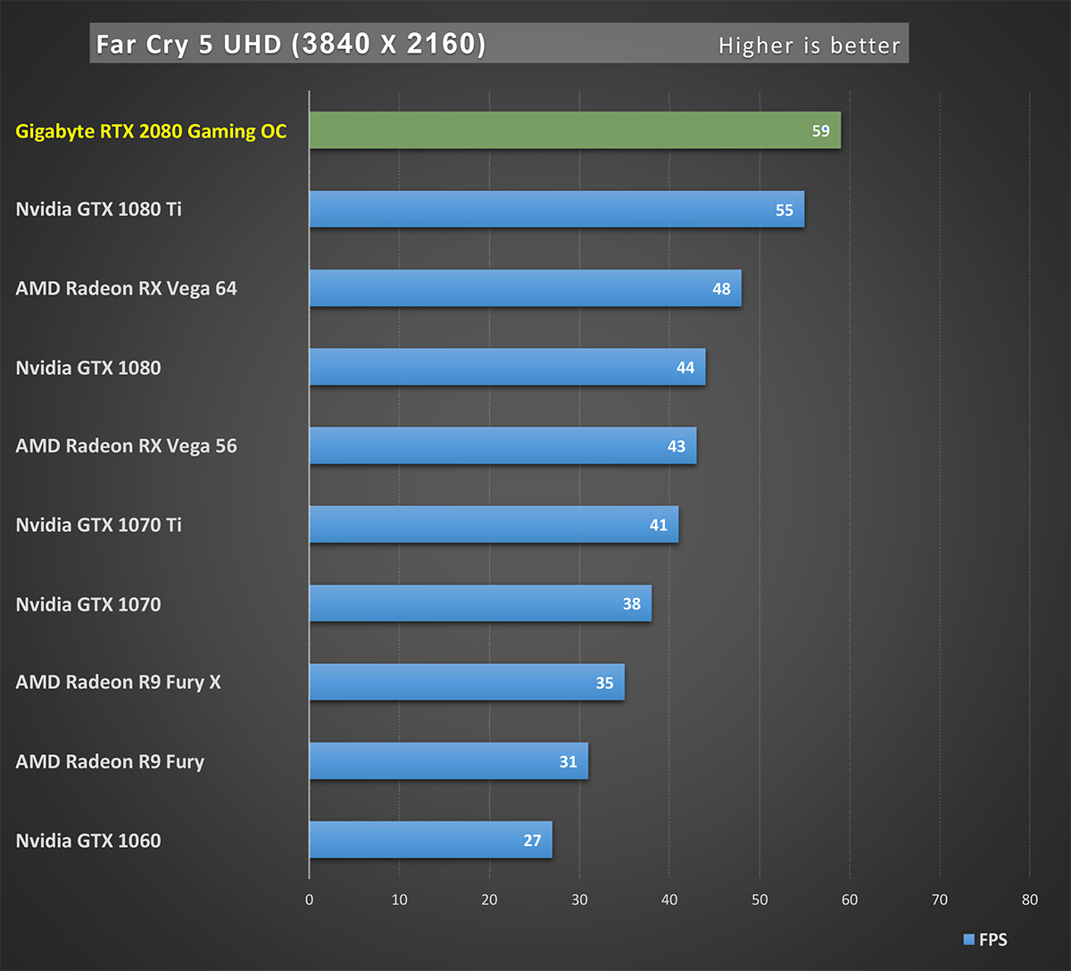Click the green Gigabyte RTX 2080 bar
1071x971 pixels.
point(571,130)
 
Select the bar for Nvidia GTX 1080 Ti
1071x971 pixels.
point(553,209)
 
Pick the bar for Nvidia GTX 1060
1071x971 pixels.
point(428,840)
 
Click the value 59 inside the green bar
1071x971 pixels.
point(820,131)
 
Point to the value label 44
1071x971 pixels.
point(685,368)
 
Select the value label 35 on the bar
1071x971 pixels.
point(604,683)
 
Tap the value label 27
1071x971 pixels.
point(532,841)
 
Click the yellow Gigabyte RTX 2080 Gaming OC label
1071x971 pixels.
point(151,131)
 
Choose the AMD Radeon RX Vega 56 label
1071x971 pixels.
point(126,446)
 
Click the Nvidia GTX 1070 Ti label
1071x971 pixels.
point(98,525)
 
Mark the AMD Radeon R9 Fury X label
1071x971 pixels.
point(118,683)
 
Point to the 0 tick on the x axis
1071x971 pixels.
point(310,900)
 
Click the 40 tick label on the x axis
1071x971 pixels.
point(669,900)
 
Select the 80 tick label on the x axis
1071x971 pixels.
point(1030,900)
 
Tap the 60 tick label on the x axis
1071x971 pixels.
point(850,900)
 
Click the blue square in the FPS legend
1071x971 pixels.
point(968,940)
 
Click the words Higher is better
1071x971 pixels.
point(809,46)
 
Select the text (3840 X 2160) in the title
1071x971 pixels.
point(388,45)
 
